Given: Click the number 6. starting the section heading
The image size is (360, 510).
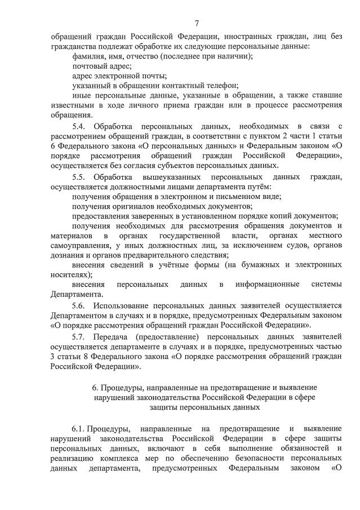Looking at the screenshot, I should point(95,388).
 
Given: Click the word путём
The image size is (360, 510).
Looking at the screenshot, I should point(260,187).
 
